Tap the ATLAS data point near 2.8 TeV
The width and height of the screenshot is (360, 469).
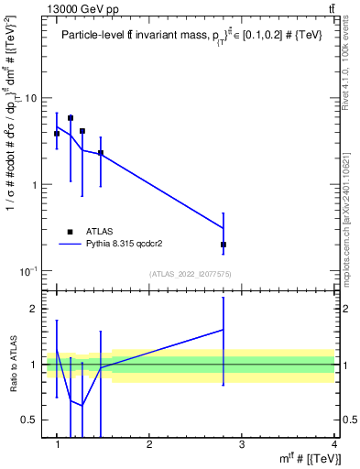224,245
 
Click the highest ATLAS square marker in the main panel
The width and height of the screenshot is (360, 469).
71,118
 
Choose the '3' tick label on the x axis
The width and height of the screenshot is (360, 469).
242,444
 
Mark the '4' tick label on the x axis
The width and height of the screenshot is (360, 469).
334,444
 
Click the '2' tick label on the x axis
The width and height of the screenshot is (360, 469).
149,444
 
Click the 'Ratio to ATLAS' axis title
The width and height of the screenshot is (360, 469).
12,365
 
